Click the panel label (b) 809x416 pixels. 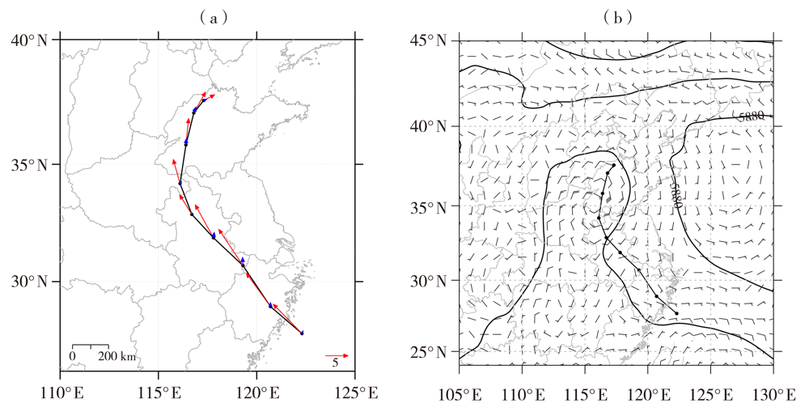[x=617, y=16]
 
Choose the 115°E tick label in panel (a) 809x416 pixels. [x=159, y=394]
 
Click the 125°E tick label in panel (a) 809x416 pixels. [x=354, y=394]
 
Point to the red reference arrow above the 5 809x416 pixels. [x=337, y=354]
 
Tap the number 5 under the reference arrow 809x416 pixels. [x=334, y=364]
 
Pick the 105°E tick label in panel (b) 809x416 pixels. [x=460, y=394]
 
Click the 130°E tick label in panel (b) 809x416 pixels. [x=773, y=394]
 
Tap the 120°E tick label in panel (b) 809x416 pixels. [x=649, y=394]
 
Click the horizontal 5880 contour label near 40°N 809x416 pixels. [x=750, y=117]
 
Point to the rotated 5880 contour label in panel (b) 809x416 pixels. [x=675, y=194]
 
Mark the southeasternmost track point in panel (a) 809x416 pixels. [x=302, y=333]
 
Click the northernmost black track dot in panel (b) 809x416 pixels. [x=614, y=165]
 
